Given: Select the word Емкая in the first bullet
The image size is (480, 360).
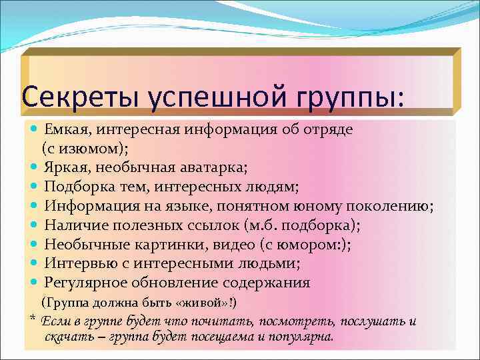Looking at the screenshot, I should pyautogui.click(x=64, y=127).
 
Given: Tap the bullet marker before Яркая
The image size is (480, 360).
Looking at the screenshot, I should pyautogui.click(x=35, y=167).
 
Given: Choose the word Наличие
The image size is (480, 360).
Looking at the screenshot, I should pyautogui.click(x=71, y=225).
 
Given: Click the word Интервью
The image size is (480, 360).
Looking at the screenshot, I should pyautogui.click(x=75, y=263).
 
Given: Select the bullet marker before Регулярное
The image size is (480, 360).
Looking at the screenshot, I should pyautogui.click(x=35, y=283).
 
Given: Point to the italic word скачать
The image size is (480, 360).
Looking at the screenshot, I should pyautogui.click(x=64, y=337).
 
